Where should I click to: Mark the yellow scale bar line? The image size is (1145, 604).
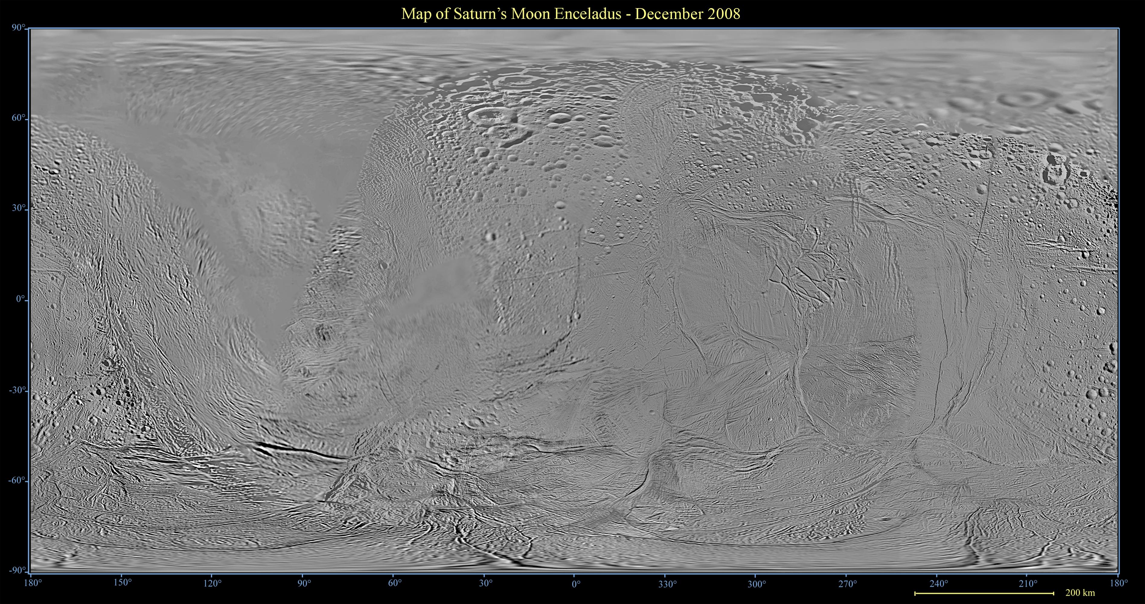[x=984, y=593]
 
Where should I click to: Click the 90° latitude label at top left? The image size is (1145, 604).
[x=18, y=28]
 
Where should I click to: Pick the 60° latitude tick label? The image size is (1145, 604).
[x=18, y=118]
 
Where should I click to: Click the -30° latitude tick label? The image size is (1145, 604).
[x=17, y=390]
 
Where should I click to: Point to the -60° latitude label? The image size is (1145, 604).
[x=17, y=481]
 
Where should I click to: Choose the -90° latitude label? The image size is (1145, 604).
[x=17, y=570]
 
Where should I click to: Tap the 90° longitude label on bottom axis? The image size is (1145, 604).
[x=304, y=583]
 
